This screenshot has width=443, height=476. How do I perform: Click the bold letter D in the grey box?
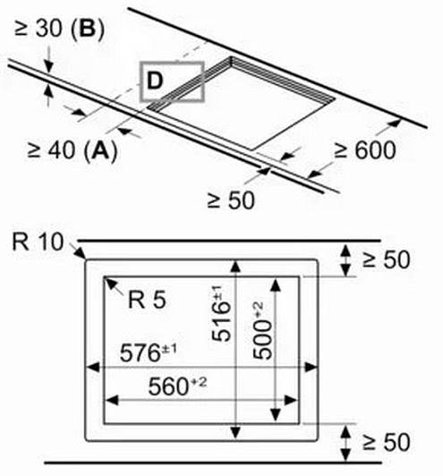pyautogui.click(x=155, y=81)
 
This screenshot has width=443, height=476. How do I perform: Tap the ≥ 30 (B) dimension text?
pyautogui.click(x=59, y=30)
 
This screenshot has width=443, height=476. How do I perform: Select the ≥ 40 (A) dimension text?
pyautogui.click(x=72, y=150)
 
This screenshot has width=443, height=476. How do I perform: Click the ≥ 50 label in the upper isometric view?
pyautogui.click(x=231, y=200)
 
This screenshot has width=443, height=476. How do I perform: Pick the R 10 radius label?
pyautogui.click(x=38, y=242)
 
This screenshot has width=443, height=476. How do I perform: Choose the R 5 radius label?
pyautogui.click(x=148, y=301)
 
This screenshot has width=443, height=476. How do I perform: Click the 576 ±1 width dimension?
pyautogui.click(x=148, y=353)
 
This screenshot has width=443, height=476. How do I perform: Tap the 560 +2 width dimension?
pyautogui.click(x=177, y=386)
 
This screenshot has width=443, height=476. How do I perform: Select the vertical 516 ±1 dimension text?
pyautogui.click(x=221, y=314)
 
